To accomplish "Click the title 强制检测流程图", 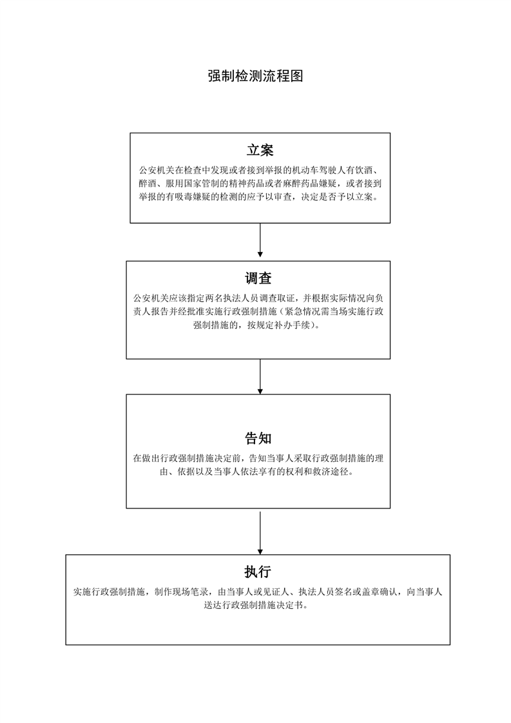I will (x=255, y=76).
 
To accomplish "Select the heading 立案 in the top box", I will (x=260, y=150).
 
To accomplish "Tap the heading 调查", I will (x=258, y=278).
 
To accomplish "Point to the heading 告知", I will (x=258, y=439).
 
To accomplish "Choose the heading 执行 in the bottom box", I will (x=257, y=572).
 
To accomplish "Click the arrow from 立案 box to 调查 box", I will (x=260, y=242).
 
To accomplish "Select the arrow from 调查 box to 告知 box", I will (x=260, y=376).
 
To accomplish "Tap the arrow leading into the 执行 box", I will (x=260, y=532).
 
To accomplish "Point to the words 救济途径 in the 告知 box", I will (x=332, y=472).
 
